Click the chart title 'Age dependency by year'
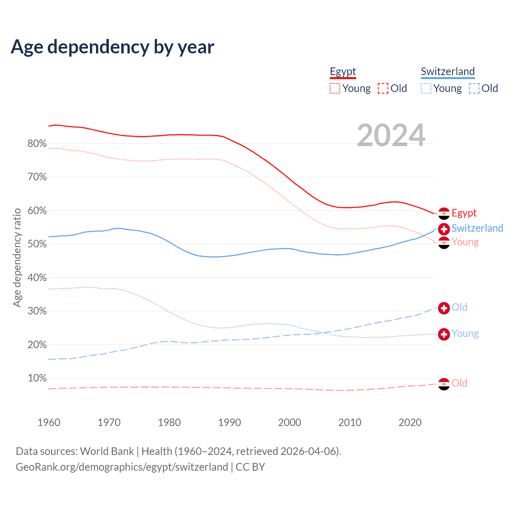[112, 47]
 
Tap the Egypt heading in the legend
[343, 71]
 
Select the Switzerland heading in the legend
[448, 71]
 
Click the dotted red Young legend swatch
[335, 88]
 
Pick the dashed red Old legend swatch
[383, 88]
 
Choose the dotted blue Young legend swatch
[426, 88]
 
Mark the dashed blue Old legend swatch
[474, 88]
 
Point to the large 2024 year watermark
[391, 135]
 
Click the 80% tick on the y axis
[37, 144]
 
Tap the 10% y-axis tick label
[37, 378]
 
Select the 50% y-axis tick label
[37, 244]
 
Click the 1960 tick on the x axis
[49, 422]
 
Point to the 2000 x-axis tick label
[290, 422]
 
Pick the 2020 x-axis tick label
[410, 422]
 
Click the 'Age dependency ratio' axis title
[17, 257]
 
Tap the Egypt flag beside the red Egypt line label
[444, 214]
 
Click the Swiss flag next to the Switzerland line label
[444, 229]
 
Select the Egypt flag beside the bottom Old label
[444, 384]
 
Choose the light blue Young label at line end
[465, 334]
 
